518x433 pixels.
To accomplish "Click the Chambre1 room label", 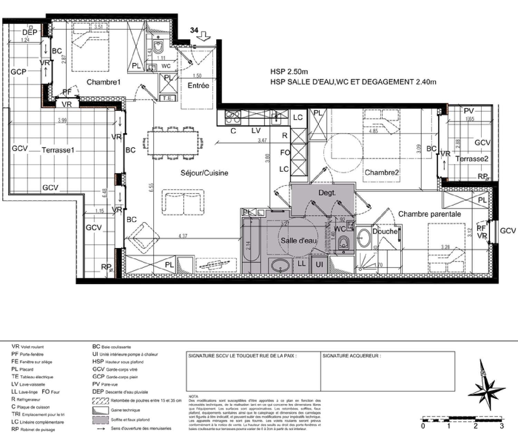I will click(103, 82).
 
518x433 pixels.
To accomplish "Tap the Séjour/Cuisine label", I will click(204, 173).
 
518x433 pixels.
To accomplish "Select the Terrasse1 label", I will click(58, 150).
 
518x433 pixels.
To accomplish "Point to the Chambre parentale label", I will click(429, 214).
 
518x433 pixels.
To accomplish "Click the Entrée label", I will click(198, 85).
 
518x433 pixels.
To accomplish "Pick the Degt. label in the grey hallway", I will click(327, 193).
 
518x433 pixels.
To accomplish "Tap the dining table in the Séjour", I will click(173, 143).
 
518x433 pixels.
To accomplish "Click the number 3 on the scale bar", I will click(501, 426).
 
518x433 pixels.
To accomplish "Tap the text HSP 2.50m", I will click(289, 72).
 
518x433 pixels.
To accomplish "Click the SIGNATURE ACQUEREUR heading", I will click(352, 356).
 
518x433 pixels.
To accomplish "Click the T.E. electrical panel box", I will click(167, 98).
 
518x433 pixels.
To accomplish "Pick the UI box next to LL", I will click(319, 264).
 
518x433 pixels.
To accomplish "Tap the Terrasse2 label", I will click(472, 159).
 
